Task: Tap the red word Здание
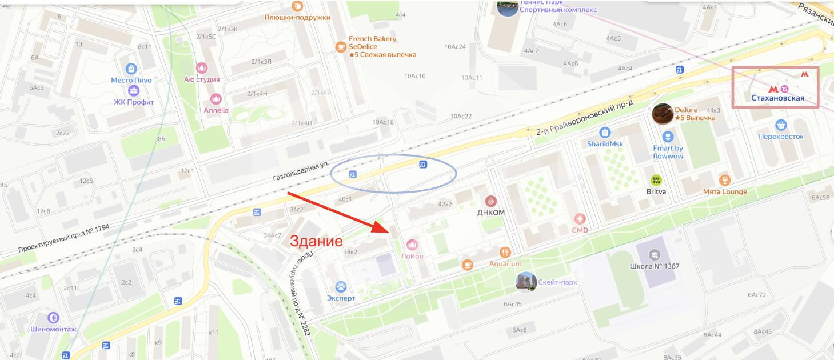316,241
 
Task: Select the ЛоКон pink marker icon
412,245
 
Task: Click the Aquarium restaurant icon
505,252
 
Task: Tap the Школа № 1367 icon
655,254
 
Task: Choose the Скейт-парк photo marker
526,282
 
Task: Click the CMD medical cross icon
580,219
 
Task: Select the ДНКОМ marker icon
490,201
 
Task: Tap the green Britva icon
656,180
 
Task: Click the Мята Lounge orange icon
725,180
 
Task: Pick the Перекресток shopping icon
781,125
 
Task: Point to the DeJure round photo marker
663,114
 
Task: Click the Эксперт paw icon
341,286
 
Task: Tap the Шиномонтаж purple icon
53,317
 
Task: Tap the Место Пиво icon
131,69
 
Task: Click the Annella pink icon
216,99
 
